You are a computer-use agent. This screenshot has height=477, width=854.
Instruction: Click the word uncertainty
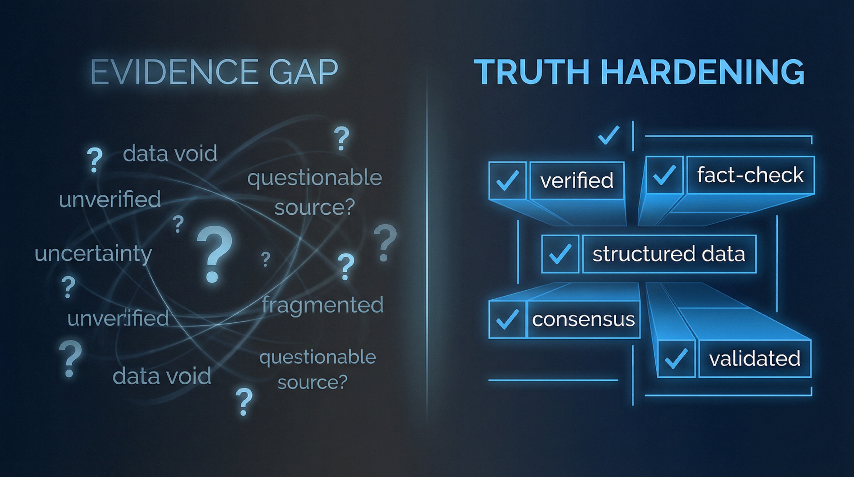click(x=93, y=254)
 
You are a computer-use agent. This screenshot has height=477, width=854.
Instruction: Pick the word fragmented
click(x=322, y=305)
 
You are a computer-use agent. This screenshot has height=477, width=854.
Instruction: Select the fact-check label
click(x=750, y=175)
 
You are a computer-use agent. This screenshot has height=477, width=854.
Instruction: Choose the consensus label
click(x=583, y=320)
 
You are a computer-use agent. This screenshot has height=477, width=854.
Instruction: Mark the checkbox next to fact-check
click(x=664, y=175)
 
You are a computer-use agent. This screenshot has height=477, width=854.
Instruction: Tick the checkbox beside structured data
click(x=560, y=254)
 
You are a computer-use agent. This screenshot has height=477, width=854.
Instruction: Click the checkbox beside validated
click(x=676, y=359)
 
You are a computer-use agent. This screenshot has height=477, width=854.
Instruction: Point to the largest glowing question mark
click(x=214, y=254)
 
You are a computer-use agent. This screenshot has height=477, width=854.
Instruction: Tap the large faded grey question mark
click(x=384, y=242)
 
